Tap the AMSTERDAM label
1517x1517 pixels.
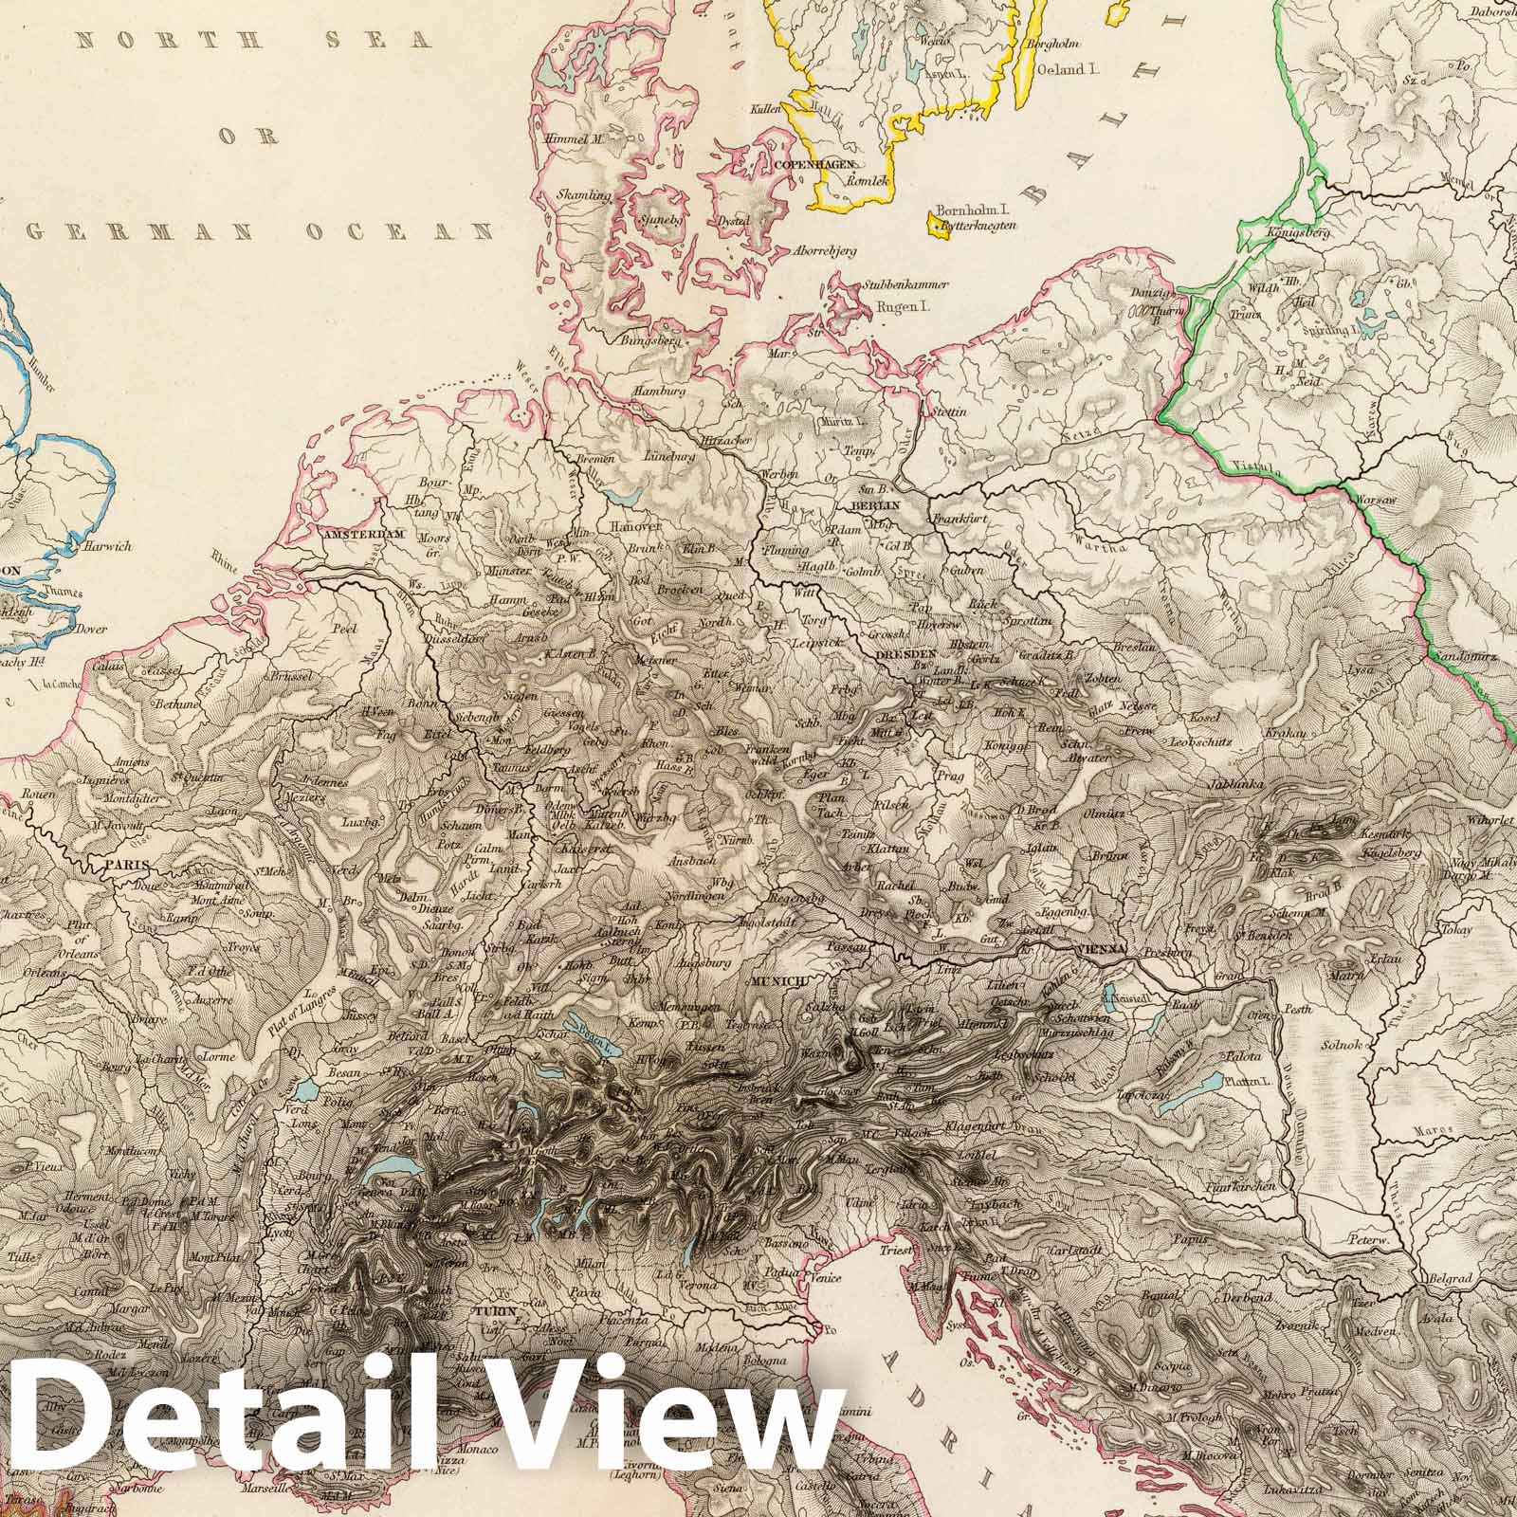pos(364,535)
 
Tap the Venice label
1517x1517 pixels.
pos(827,1277)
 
